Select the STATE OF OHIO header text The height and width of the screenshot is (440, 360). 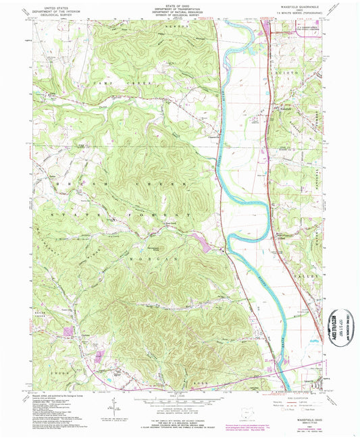pyautogui.click(x=180, y=7)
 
